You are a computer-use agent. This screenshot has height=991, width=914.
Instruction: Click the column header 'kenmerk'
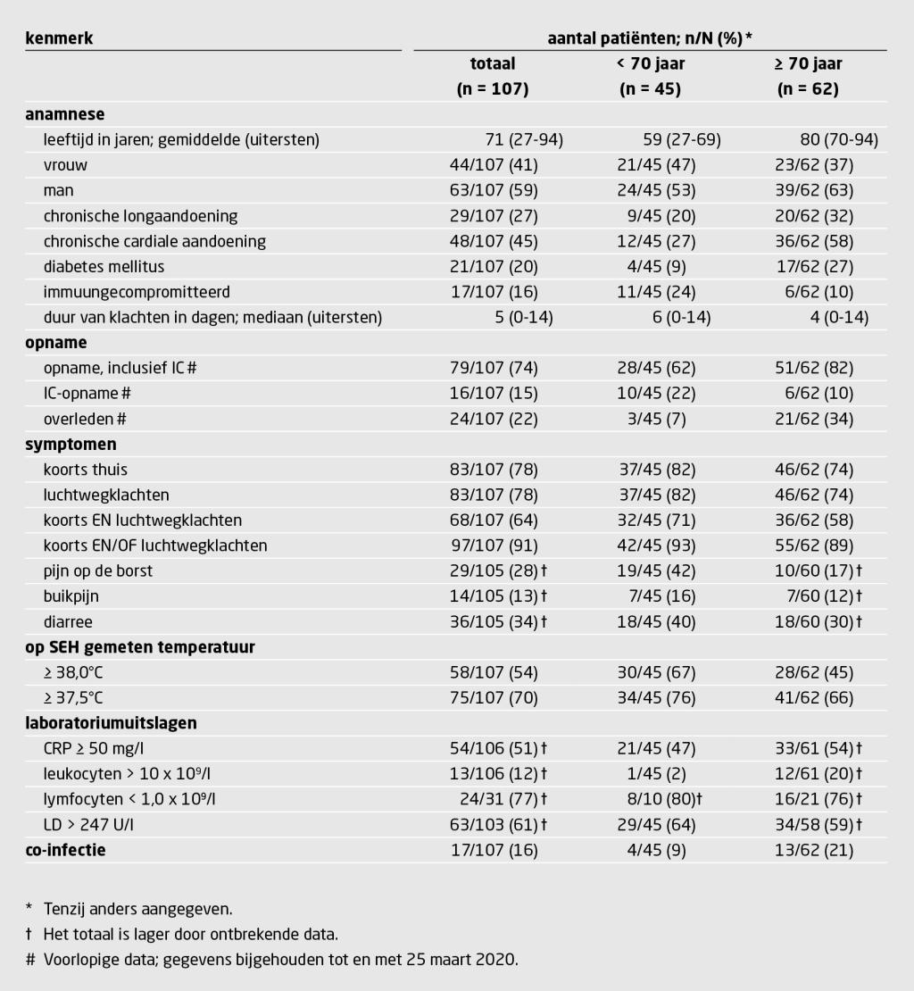(x=59, y=38)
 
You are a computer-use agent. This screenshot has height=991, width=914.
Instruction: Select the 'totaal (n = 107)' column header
(x=493, y=76)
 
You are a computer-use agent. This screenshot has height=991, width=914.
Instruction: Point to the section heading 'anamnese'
(x=64, y=114)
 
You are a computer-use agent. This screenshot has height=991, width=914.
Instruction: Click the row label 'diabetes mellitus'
(x=104, y=267)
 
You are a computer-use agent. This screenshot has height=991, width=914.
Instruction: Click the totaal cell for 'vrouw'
(x=493, y=165)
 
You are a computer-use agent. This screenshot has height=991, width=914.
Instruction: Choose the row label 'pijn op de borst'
(x=98, y=570)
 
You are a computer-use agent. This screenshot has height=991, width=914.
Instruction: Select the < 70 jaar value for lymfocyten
(x=653, y=799)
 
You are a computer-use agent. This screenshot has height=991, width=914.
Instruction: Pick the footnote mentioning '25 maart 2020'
(x=280, y=960)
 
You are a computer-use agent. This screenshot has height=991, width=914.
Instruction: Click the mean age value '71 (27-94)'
(x=523, y=140)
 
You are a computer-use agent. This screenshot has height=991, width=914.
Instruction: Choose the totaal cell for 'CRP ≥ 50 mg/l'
(x=498, y=748)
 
